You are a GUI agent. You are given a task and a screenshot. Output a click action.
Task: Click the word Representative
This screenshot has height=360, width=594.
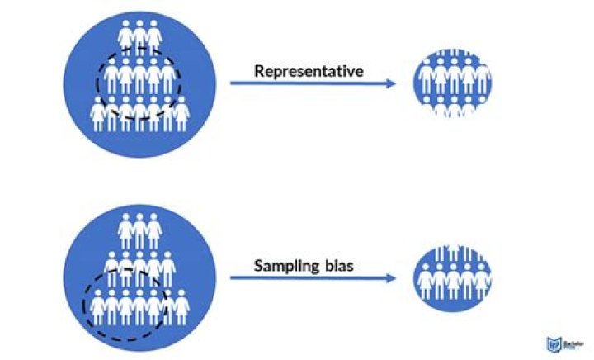coord(308,71)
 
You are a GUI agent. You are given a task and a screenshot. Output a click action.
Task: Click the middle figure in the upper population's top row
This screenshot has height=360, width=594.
coord(139,36)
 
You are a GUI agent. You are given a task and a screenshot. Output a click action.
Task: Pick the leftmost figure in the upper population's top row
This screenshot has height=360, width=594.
coord(125,36)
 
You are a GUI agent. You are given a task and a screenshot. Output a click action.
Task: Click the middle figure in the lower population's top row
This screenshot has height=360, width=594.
coord(139,230)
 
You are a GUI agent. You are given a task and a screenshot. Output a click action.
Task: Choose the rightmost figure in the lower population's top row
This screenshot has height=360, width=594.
coord(153,230)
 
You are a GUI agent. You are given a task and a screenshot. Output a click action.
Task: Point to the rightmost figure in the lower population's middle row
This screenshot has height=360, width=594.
coord(167,268)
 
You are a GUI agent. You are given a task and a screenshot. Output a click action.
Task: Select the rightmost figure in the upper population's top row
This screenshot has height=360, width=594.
coord(153,36)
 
